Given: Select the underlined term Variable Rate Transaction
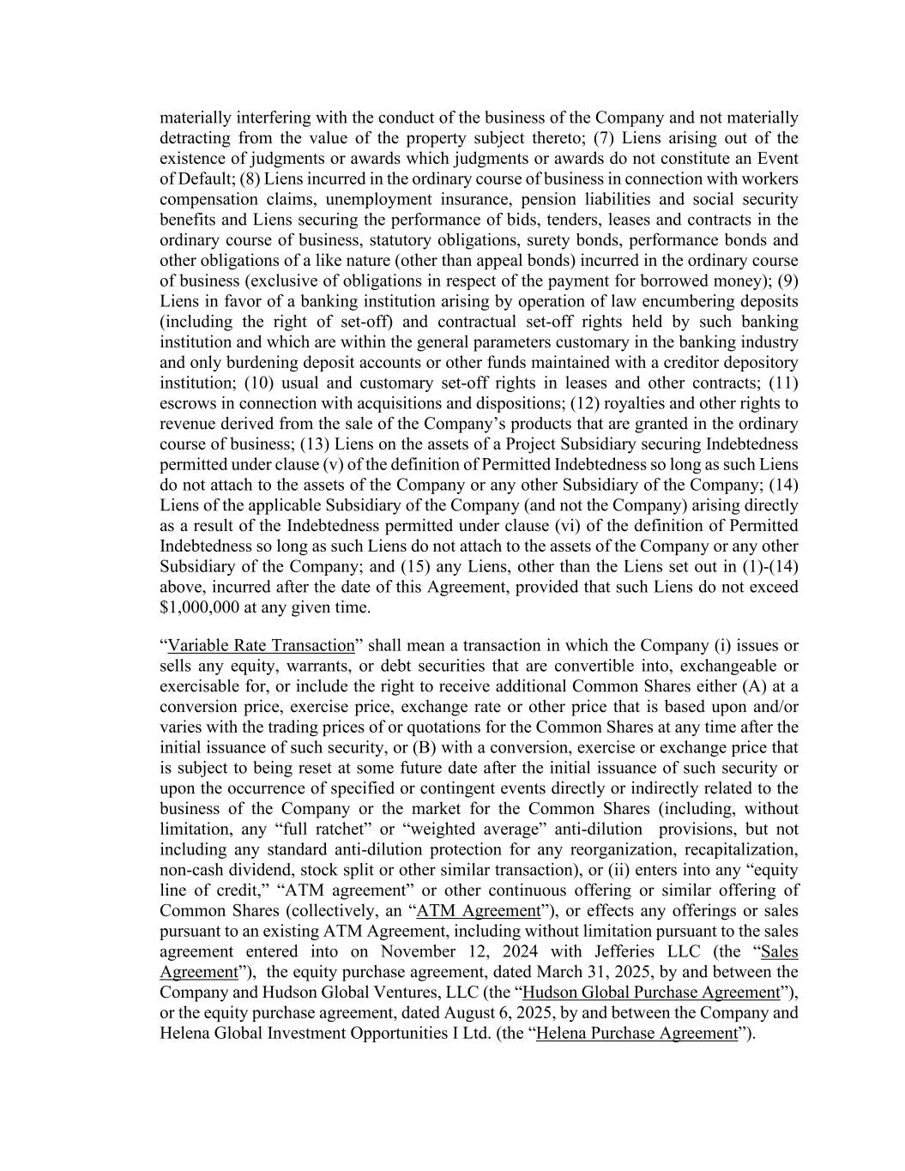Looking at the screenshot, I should pos(261,646).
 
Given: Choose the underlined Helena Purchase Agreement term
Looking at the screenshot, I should pos(637,1034).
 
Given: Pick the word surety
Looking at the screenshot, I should pos(529,240).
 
